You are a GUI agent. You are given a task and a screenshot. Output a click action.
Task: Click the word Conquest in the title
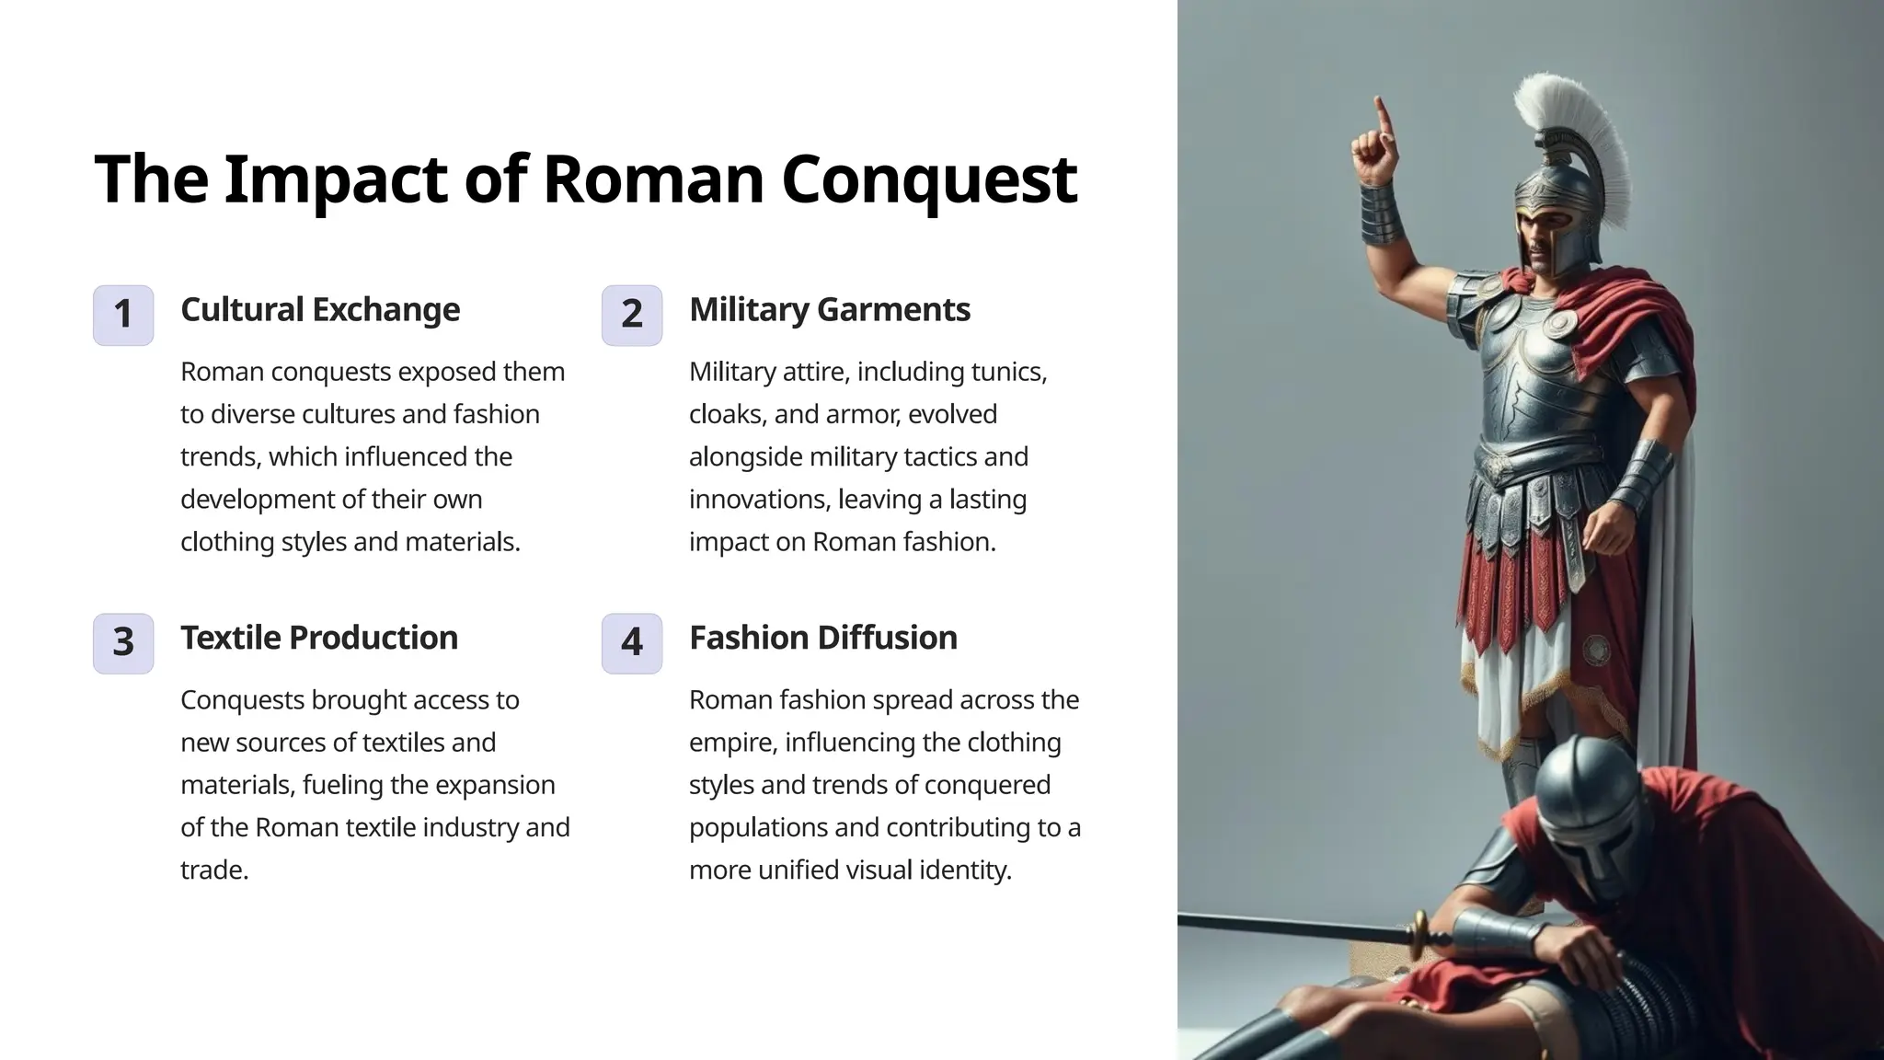[928, 179]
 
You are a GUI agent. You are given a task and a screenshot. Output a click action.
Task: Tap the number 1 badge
[123, 315]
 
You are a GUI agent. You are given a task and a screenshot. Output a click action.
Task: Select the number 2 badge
[632, 315]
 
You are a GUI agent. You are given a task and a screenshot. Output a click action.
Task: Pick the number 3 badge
[123, 642]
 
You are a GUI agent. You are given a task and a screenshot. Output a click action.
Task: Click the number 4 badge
[632, 642]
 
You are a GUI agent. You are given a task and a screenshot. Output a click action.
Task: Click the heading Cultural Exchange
[320, 310]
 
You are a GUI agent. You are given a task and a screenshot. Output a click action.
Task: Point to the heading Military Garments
[829, 310]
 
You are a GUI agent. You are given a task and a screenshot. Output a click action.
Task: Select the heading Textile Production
[318, 638]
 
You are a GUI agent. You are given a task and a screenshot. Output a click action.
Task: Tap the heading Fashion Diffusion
[822, 638]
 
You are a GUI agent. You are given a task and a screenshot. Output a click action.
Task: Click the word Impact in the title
[335, 179]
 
